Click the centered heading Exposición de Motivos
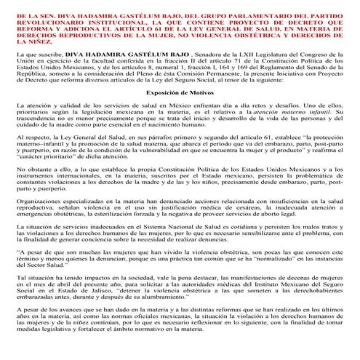(x=180, y=114)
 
